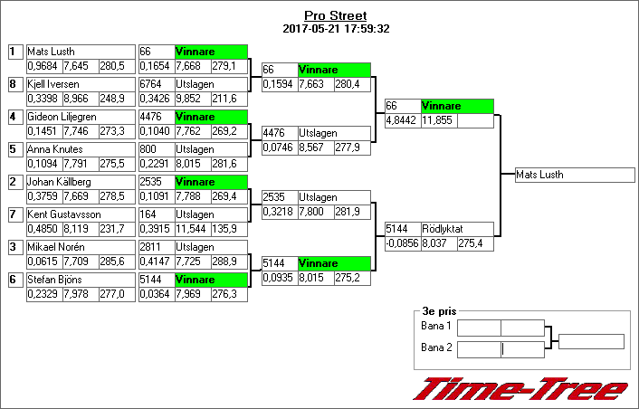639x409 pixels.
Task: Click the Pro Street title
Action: click(336, 15)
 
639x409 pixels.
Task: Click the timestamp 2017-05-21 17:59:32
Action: click(336, 29)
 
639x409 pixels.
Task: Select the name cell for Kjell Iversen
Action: click(81, 84)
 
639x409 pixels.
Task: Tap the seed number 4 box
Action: click(15, 117)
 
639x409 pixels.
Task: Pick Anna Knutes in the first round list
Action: click(81, 149)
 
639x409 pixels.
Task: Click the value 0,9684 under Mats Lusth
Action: click(45, 66)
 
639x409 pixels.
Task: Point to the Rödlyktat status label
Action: click(443, 229)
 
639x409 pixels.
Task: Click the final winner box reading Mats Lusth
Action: click(575, 175)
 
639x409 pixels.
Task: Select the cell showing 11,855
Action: click(439, 120)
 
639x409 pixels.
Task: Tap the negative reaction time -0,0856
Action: click(403, 243)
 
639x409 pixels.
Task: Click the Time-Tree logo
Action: click(520, 389)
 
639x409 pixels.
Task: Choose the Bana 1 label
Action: click(435, 326)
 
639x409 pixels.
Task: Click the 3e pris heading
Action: click(439, 311)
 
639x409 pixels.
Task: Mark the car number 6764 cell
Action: click(157, 84)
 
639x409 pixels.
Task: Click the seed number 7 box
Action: click(15, 214)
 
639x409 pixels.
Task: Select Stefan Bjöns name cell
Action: click(81, 280)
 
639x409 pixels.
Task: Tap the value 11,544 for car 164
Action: click(193, 229)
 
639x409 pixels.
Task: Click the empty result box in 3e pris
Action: click(591, 342)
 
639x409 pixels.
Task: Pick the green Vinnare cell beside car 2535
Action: click(211, 182)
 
